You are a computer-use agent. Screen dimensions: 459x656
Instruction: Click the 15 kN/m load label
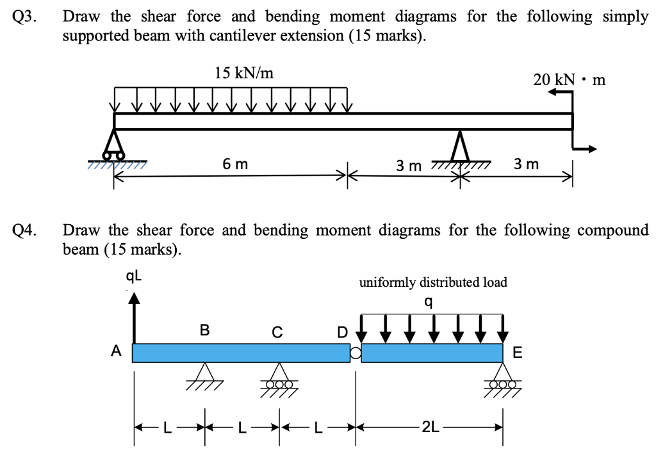[243, 73]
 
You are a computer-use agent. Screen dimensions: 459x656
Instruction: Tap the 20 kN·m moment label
[569, 80]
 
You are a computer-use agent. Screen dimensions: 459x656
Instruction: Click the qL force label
[133, 277]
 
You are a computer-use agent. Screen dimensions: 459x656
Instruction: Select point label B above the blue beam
[204, 330]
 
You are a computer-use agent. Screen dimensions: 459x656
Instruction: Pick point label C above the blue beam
[277, 332]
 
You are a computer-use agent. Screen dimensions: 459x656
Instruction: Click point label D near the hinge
[342, 332]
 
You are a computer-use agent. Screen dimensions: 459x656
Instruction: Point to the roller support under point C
[277, 377]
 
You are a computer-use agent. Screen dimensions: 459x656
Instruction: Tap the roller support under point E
[503, 377]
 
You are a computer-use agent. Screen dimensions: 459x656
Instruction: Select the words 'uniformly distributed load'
[433, 282]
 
